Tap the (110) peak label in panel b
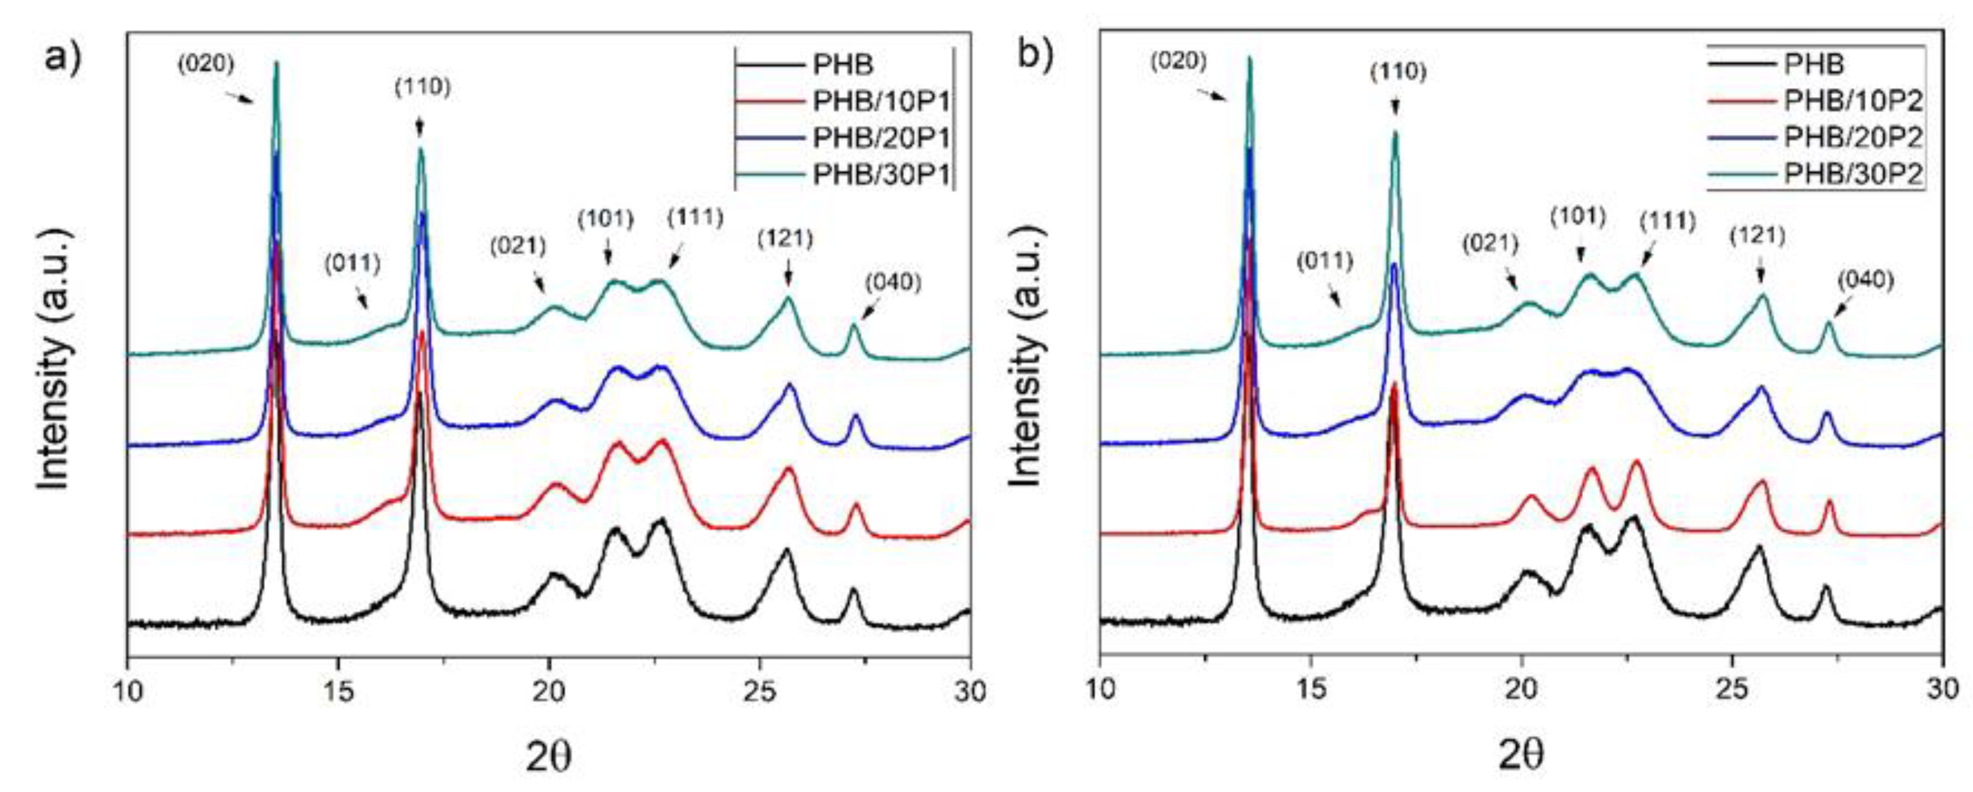pyautogui.click(x=1398, y=73)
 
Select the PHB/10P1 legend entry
pyautogui.click(x=880, y=101)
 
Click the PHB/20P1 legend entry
pyautogui.click(x=880, y=138)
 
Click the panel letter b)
pyautogui.click(x=1036, y=55)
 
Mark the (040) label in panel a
pyautogui.click(x=893, y=283)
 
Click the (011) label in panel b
pyautogui.click(x=1325, y=262)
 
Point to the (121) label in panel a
pyautogui.click(x=785, y=239)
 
